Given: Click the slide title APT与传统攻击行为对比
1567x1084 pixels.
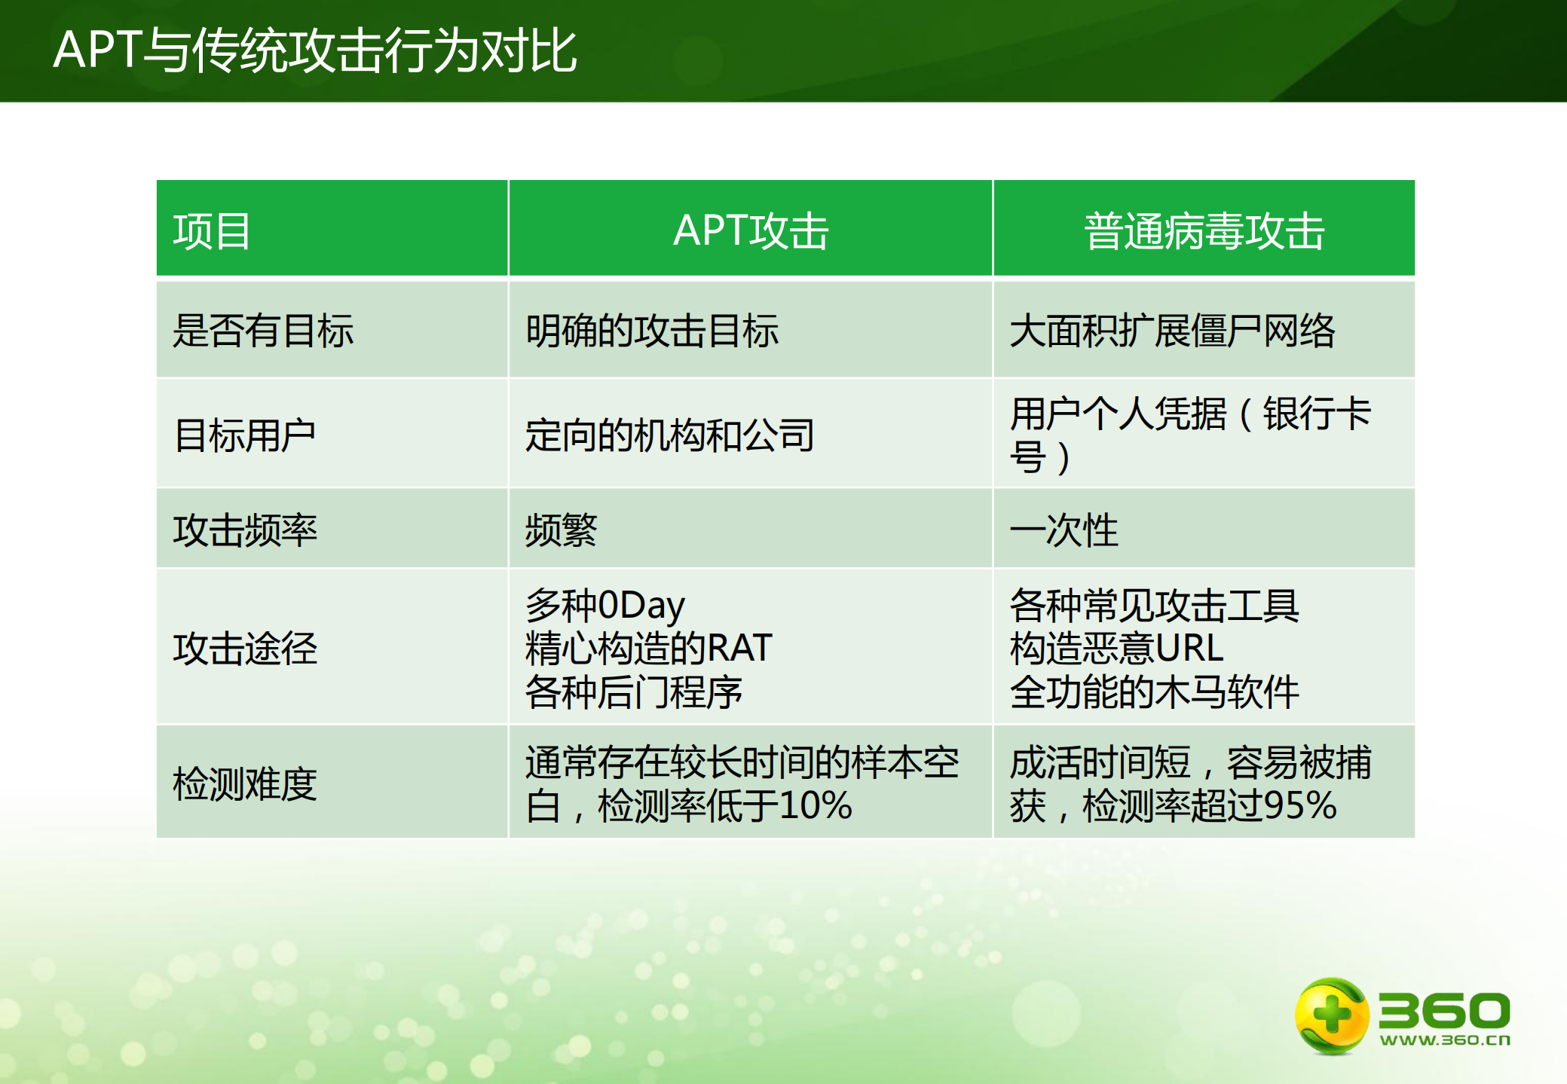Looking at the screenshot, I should pos(315,50).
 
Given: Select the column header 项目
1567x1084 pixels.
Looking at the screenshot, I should pos(212,231).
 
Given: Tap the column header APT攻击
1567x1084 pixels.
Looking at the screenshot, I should pos(751,231).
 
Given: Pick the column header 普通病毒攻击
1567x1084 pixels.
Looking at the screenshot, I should pos(1204,231).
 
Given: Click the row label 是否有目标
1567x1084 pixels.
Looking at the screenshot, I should pos(263,331).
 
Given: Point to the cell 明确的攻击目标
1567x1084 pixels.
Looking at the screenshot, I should pos(652,331).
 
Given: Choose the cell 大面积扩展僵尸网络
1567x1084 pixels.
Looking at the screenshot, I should pos(1172,331).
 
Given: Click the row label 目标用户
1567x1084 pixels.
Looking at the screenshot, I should pos(244,435).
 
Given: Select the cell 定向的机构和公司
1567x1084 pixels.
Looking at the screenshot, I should pos(670,435).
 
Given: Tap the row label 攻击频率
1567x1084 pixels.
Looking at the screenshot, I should pos(245,530).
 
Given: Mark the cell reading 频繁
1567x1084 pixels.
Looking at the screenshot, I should pos(561,530).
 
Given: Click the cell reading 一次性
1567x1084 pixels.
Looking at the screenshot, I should pos(1064,530).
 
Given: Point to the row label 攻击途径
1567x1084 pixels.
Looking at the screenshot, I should pos(245,648).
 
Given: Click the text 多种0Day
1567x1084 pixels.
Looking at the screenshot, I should pos(605,605).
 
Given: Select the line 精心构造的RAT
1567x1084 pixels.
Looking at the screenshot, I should pos(648,648).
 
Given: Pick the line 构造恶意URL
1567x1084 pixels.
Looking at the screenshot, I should pos(1116,648).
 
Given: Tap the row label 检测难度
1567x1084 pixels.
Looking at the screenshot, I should pos(245,783).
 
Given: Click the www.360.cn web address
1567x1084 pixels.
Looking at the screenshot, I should pos(1444,1040).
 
